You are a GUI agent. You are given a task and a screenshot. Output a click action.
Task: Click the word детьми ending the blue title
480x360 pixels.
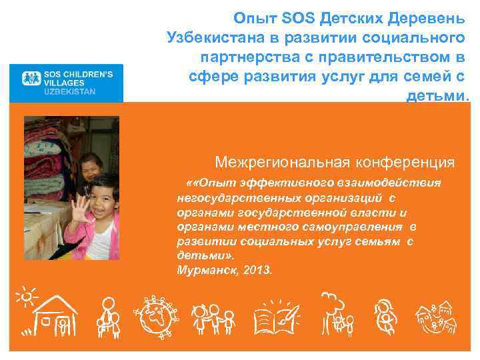436,95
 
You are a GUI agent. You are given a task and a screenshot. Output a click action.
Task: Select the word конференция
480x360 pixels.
412,162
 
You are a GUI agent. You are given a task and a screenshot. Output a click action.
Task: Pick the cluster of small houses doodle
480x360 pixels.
437,319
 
